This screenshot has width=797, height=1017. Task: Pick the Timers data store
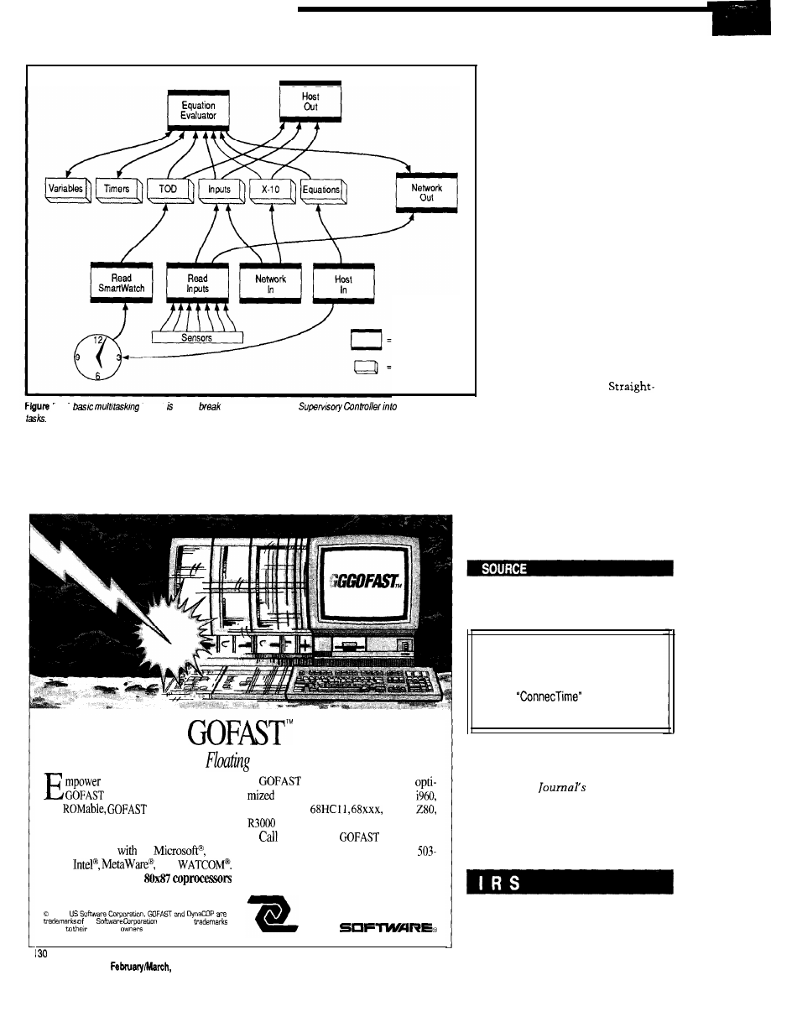118,190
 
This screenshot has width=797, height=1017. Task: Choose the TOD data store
170,190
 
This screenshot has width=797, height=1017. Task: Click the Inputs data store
221,190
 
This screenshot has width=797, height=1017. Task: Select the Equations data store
323,190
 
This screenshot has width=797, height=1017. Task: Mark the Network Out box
426,194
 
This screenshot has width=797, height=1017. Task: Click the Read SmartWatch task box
121,283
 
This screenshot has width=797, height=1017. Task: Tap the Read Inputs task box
197,283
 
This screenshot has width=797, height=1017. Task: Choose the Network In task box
270,283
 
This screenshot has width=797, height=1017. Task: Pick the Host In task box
343,283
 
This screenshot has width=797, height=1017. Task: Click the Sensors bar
197,337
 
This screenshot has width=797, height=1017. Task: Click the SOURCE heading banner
570,569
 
